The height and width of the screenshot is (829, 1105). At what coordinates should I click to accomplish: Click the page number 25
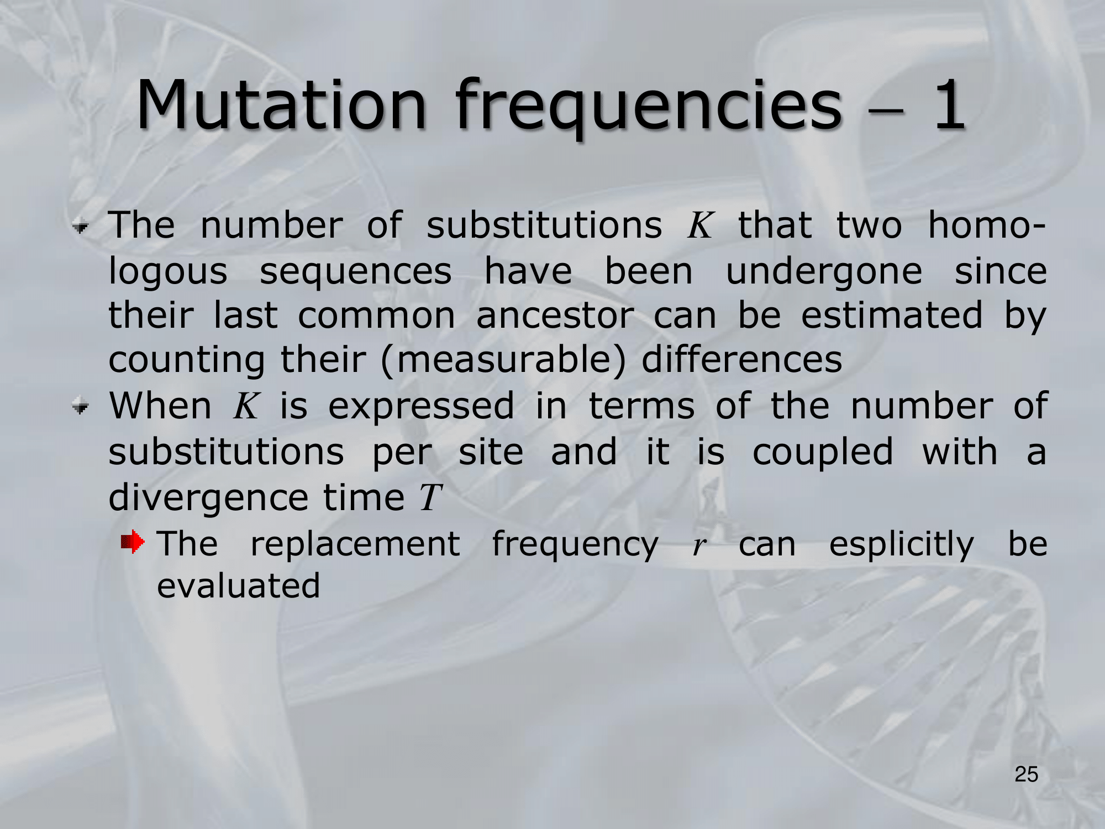click(1026, 775)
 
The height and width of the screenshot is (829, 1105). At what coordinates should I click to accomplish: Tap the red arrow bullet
click(133, 542)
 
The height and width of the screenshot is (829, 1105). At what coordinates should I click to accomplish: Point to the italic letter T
click(430, 498)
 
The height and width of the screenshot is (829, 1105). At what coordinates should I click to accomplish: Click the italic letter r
click(699, 545)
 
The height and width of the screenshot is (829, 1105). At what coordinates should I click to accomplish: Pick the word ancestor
click(555, 316)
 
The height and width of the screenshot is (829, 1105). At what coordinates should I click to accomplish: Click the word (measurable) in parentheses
click(503, 360)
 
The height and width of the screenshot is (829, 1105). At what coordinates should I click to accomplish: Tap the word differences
click(742, 359)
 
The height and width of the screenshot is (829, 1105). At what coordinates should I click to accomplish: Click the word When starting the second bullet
click(160, 406)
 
